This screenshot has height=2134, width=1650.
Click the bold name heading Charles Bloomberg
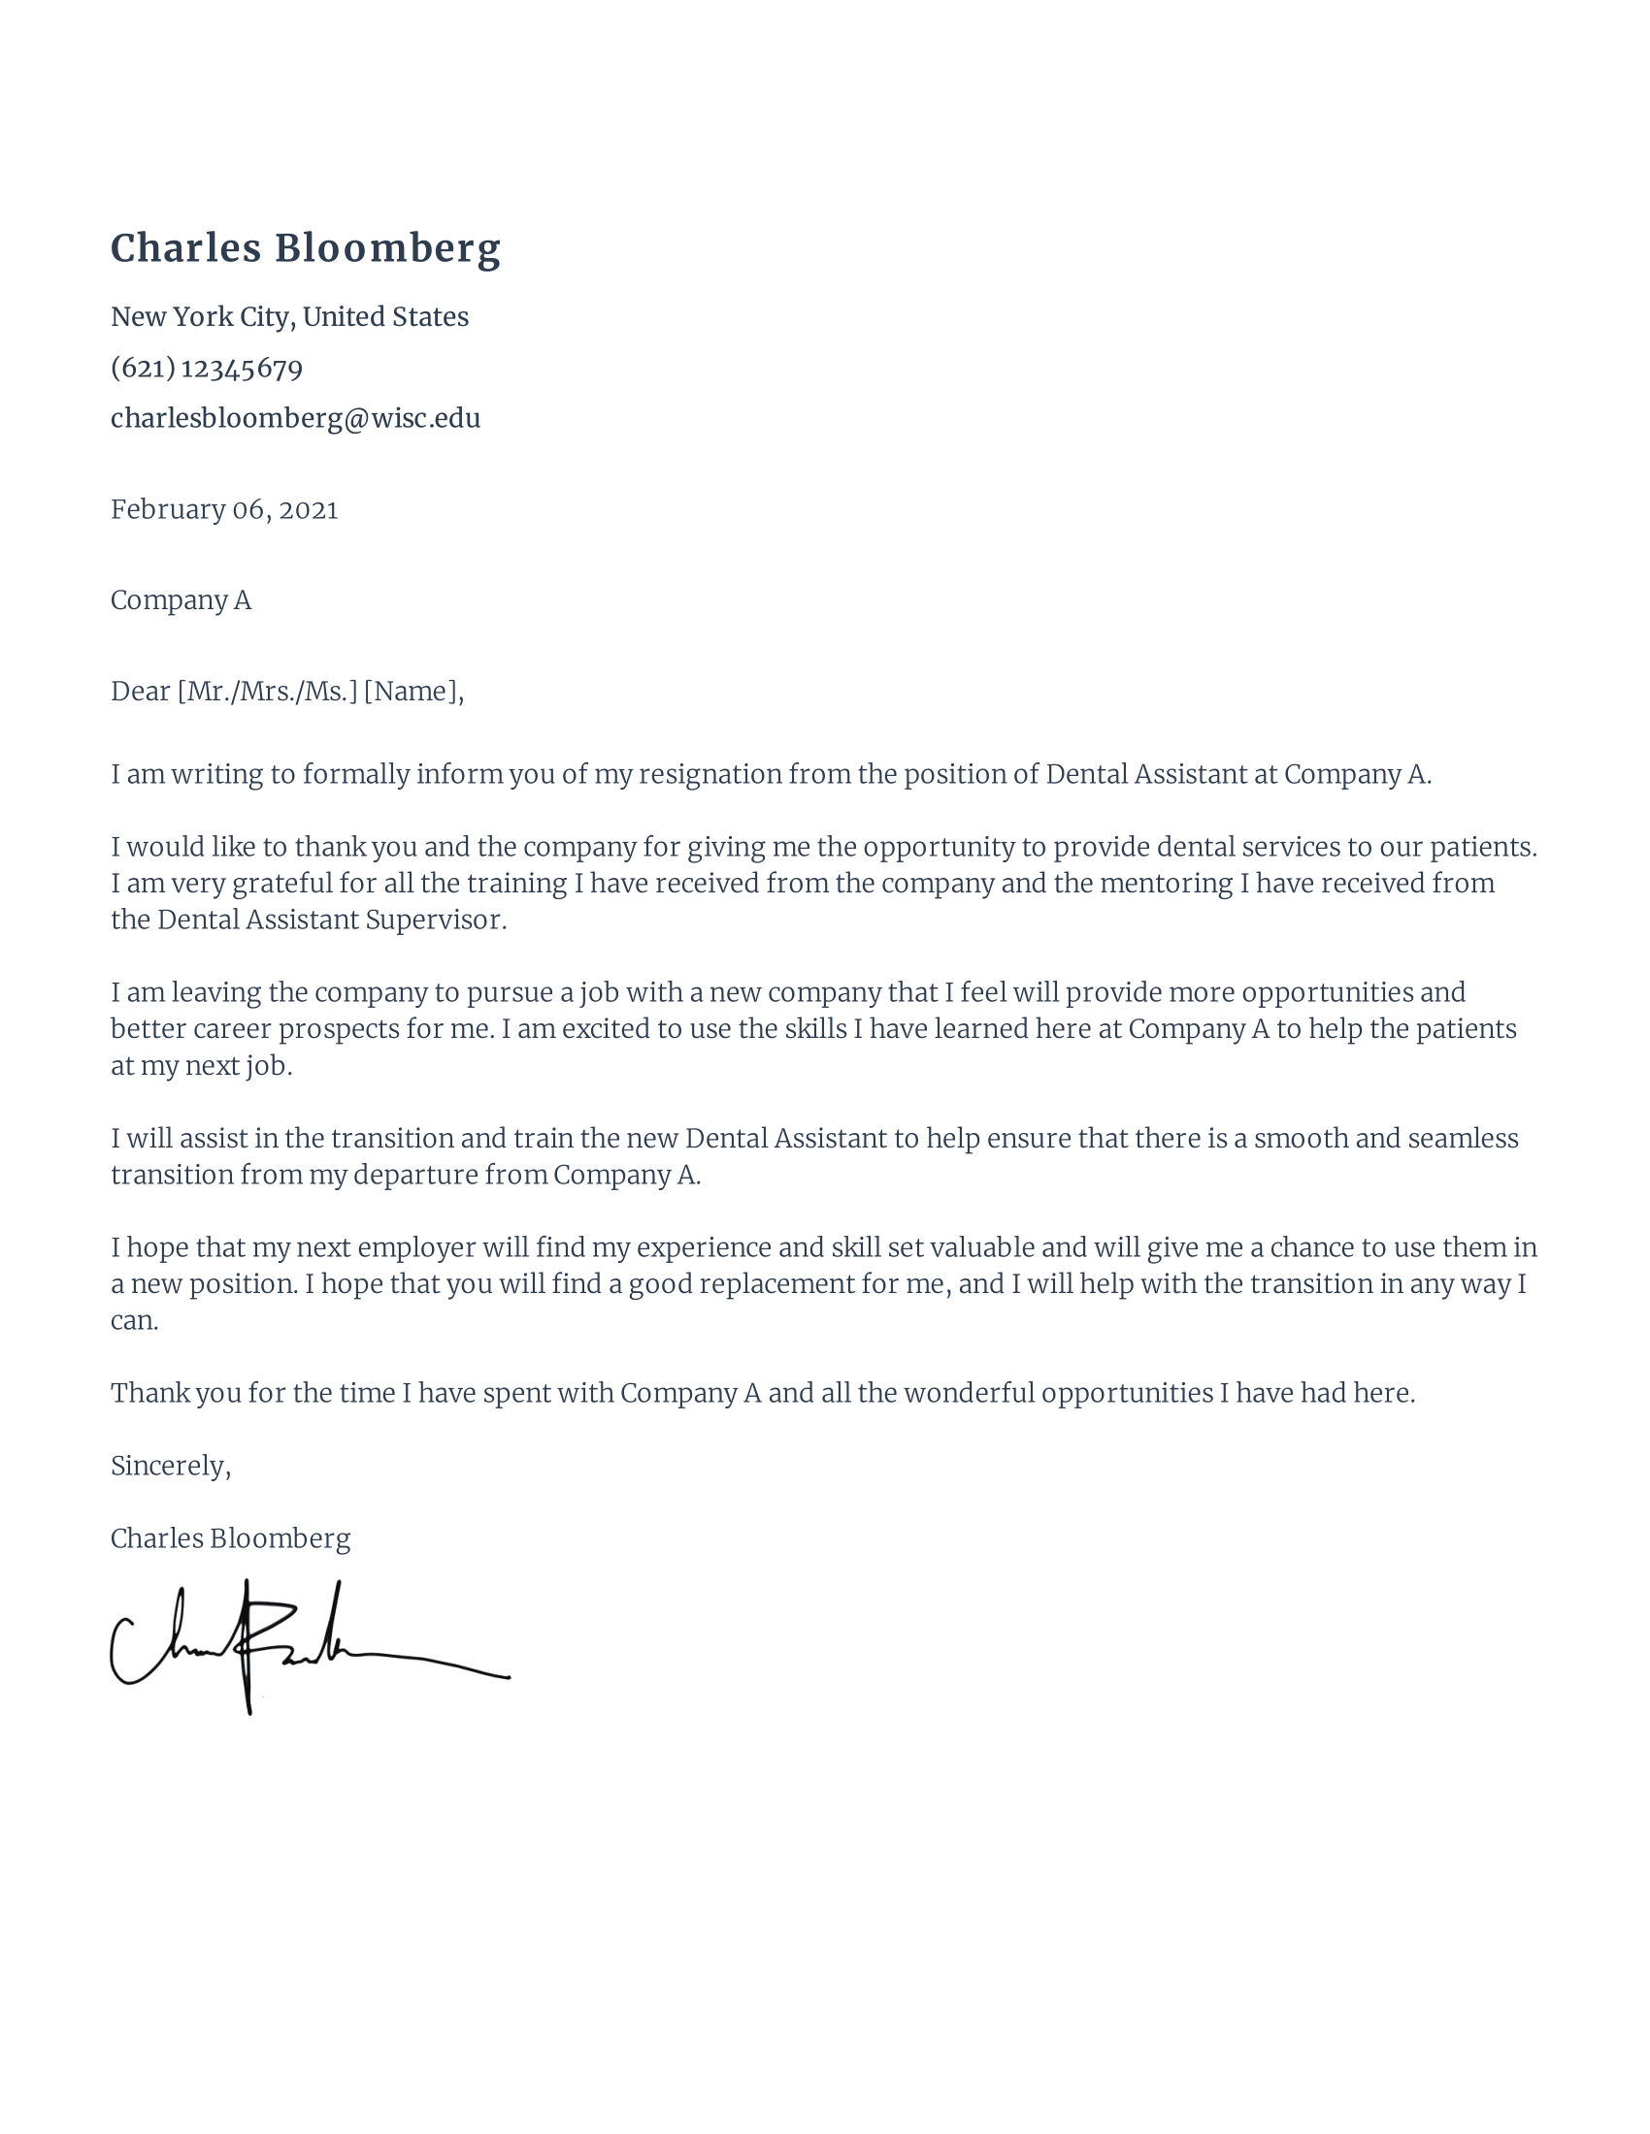[305, 248]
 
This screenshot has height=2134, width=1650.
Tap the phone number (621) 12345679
[206, 369]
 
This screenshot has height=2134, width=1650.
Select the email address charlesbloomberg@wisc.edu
[295, 418]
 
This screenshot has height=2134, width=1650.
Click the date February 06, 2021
[224, 510]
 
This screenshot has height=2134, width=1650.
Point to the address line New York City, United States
[289, 316]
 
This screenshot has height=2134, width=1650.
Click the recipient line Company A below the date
[181, 599]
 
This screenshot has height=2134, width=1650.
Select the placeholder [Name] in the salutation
[411, 692]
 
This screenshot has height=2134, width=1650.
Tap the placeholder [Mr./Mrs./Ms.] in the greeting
[267, 692]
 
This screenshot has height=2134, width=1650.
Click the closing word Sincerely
[168, 1466]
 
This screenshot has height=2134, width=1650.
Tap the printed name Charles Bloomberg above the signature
[230, 1539]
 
